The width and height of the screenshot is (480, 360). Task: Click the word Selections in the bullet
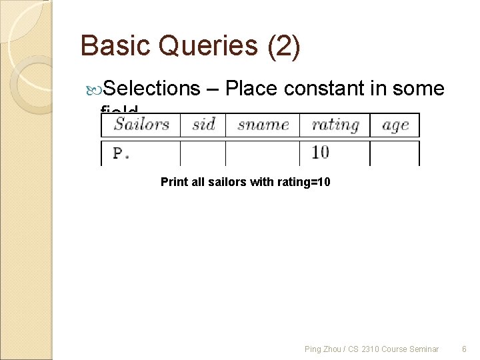152,88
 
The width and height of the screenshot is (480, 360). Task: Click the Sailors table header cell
141,125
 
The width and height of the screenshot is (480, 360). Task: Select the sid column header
203,125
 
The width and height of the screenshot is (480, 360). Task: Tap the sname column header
263,125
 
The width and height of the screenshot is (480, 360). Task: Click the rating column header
335,125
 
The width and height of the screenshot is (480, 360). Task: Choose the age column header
395,125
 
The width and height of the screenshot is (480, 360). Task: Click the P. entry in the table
121,153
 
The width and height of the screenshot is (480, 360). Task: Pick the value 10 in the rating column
320,153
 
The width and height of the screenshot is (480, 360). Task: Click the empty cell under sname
263,153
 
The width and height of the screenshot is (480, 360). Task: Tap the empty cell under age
395,153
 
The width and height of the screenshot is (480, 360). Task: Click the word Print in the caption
173,182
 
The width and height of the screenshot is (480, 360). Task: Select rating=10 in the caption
301,182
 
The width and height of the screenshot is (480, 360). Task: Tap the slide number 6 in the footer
464,349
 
